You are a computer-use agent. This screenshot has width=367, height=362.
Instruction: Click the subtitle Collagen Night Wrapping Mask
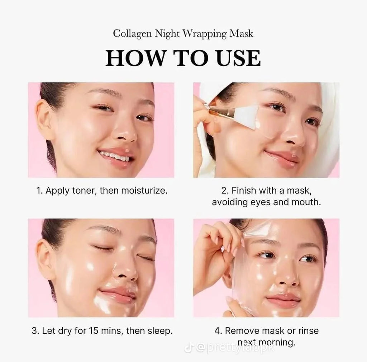pos(183,34)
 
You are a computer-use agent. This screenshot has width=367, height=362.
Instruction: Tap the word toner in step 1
pos(82,191)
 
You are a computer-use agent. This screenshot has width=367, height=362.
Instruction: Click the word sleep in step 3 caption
pos(160,330)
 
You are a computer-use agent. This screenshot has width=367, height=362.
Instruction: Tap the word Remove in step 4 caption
pos(240,330)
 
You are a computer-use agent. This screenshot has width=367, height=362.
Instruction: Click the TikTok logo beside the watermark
pos(188,347)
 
